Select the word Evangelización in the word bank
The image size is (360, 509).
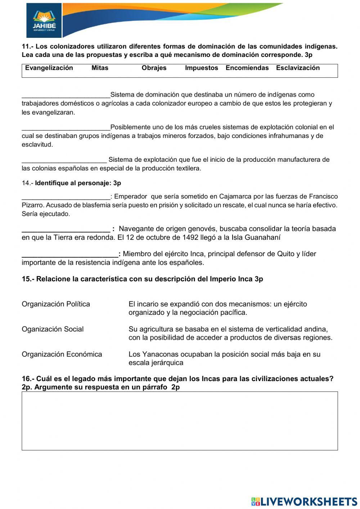pyautogui.click(x=49, y=68)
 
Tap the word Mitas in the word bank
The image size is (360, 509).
pyautogui.click(x=100, y=68)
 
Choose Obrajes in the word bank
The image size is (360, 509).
pyautogui.click(x=154, y=68)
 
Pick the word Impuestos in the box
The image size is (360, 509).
pyautogui.click(x=202, y=68)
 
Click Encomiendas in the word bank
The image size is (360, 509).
pyautogui.click(x=247, y=68)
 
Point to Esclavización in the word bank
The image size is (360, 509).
pyautogui.click(x=298, y=68)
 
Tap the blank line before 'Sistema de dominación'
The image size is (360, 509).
pyautogui.click(x=66, y=96)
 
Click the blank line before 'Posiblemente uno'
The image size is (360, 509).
pyautogui.click(x=66, y=128)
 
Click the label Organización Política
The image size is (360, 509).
pyautogui.click(x=56, y=304)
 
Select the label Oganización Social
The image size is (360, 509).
pyautogui.click(x=53, y=329)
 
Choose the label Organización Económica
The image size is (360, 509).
pyautogui.click(x=62, y=354)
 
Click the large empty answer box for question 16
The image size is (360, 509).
pyautogui.click(x=180, y=421)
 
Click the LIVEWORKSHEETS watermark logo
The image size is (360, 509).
pyautogui.click(x=304, y=501)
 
